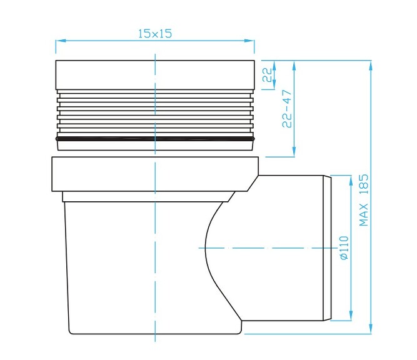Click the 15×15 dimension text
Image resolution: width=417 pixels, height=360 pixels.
click(154, 34)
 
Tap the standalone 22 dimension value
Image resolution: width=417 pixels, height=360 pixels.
click(267, 75)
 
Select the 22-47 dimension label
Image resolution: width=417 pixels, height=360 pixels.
click(288, 109)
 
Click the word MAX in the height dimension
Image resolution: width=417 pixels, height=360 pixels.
click(364, 216)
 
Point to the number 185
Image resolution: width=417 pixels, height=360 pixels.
click(364, 186)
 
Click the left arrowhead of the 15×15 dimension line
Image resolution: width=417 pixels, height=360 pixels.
click(59, 42)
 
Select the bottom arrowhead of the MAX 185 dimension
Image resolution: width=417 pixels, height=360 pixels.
click(371, 330)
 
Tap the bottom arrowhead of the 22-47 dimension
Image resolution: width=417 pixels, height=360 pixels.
click(294, 154)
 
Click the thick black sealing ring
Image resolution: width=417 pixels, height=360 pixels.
click(155, 138)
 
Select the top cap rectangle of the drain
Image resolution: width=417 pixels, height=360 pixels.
click(155, 75)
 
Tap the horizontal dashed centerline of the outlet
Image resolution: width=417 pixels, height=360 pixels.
click(263, 248)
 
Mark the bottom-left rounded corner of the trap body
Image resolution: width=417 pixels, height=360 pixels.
click(70, 330)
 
